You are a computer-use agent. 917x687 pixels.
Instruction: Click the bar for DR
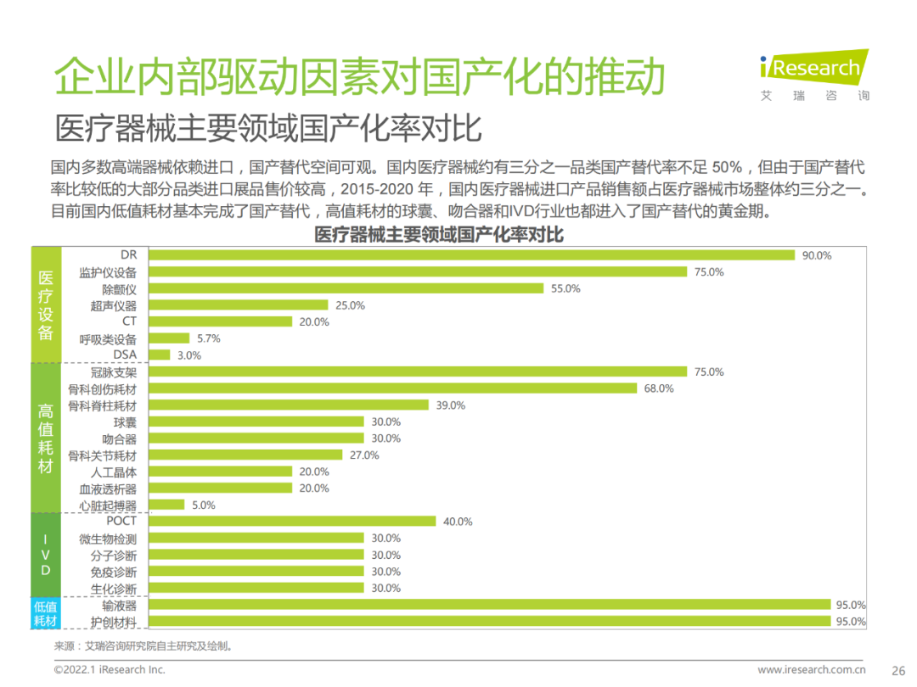click(471, 255)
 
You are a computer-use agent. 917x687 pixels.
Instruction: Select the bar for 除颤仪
click(346, 288)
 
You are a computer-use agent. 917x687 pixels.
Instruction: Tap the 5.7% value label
click(209, 338)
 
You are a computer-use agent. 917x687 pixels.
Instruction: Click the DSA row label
click(124, 355)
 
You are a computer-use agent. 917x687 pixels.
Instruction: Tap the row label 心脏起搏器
click(107, 505)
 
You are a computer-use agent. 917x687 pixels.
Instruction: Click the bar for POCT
click(291, 522)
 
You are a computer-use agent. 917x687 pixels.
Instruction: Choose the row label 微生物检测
click(107, 539)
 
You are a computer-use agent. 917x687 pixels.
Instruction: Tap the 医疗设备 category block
click(46, 304)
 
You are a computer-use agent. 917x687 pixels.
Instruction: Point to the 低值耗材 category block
click(46, 613)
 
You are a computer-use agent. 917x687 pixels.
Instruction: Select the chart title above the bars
click(439, 234)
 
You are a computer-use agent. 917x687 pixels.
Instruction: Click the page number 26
click(897, 669)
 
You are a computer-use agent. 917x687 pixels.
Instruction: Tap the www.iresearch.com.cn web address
click(812, 669)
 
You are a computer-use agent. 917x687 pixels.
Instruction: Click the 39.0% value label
click(451, 405)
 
